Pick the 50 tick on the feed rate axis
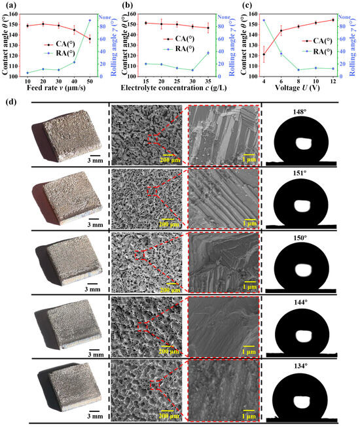pyautogui.click(x=90, y=80)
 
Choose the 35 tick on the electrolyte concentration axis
pyautogui.click(x=208, y=80)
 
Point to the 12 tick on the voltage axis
pyautogui.click(x=333, y=80)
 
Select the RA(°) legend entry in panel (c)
pyautogui.click(x=308, y=50)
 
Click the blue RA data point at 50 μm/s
pyautogui.click(x=90, y=20)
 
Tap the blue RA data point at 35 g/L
pyautogui.click(x=208, y=52)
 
